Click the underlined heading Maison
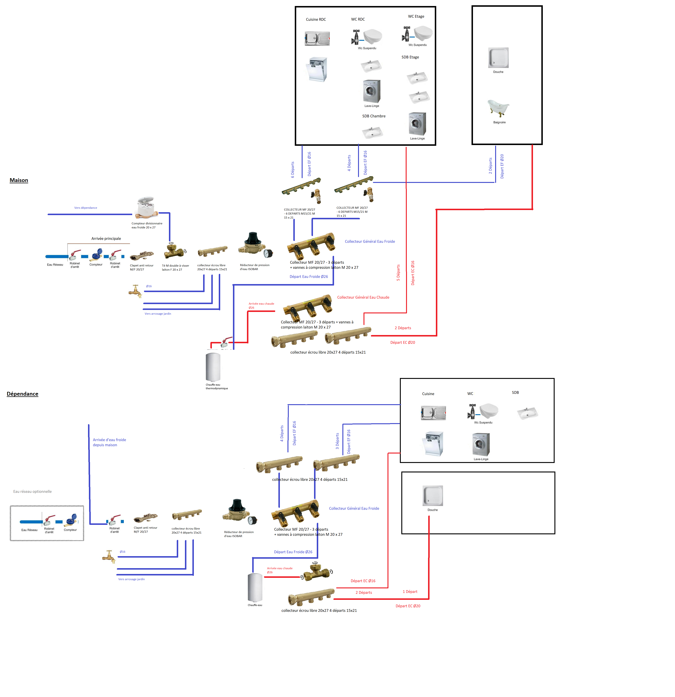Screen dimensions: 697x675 click(19, 180)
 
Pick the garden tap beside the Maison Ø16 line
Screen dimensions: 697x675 click(135, 291)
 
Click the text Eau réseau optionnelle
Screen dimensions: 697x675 click(32, 492)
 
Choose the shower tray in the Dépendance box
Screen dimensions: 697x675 click(432, 495)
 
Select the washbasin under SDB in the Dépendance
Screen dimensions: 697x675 click(527, 413)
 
